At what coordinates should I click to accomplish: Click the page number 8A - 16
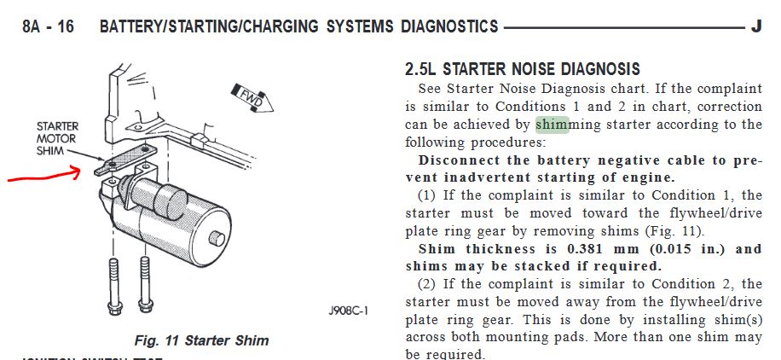(48, 26)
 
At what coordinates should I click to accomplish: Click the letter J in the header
(755, 26)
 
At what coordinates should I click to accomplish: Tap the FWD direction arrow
(252, 97)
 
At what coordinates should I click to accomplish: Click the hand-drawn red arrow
(43, 174)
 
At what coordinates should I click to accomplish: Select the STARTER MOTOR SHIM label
(57, 138)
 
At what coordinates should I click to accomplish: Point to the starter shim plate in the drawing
(125, 159)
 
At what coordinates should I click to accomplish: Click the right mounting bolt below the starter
(145, 285)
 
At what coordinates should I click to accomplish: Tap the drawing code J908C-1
(348, 311)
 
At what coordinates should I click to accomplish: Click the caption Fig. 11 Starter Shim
(201, 340)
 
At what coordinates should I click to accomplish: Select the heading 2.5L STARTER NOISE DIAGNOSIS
(523, 69)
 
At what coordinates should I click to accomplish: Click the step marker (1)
(426, 195)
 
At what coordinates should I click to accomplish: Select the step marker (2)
(426, 284)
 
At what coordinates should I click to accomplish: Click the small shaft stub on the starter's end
(217, 238)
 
